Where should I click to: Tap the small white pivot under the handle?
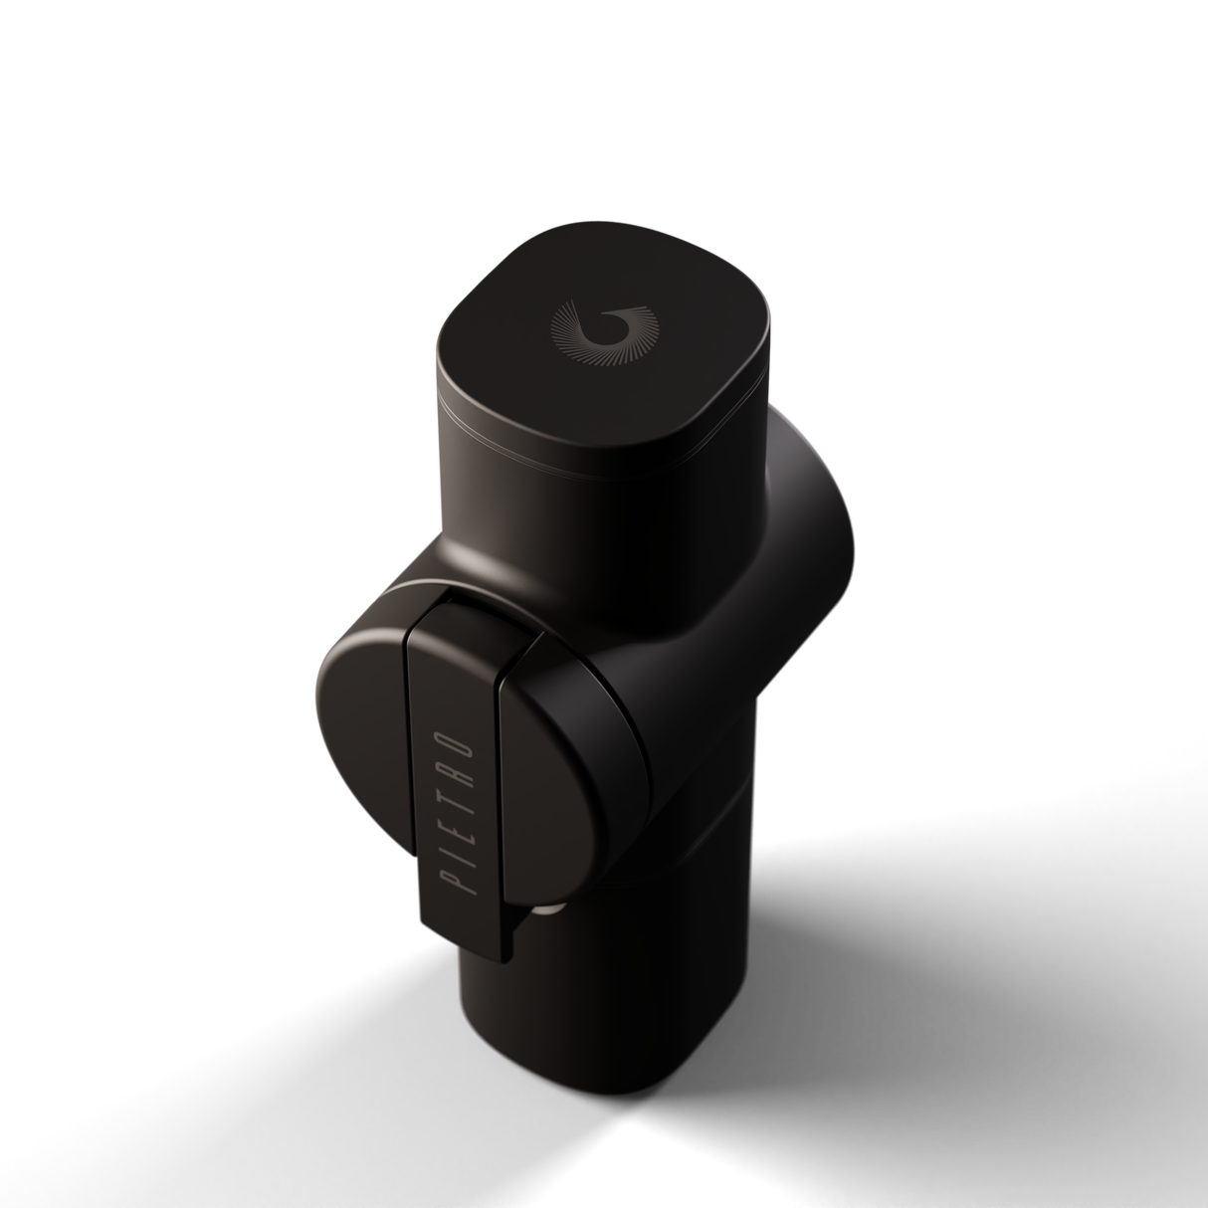pyautogui.click(x=546, y=908)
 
